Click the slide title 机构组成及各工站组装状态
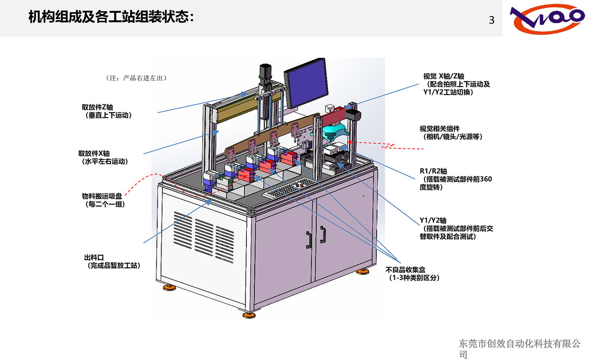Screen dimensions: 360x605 111,17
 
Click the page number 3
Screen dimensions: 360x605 492,20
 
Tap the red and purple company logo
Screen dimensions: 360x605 548,19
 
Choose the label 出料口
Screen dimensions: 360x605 94,257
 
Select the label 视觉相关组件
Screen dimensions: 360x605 439,129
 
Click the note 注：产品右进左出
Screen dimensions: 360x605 136,78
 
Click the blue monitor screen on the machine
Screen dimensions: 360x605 306,83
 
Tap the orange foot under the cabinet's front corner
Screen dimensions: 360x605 249,315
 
